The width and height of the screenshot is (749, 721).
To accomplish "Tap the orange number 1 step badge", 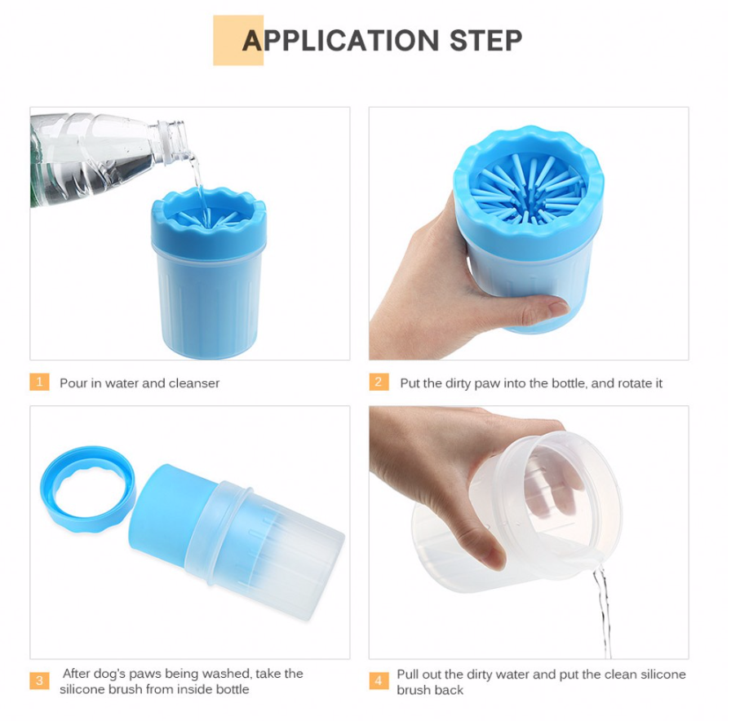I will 39,382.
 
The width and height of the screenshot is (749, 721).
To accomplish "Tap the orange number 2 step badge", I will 378,382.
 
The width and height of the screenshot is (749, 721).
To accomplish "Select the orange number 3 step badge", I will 39,680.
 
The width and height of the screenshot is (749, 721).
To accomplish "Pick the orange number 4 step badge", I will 378,680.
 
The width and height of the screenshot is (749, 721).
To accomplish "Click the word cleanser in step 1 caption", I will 194,383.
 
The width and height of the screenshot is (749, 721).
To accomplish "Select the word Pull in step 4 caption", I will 408,675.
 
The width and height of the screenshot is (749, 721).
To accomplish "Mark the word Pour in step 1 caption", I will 72,383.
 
